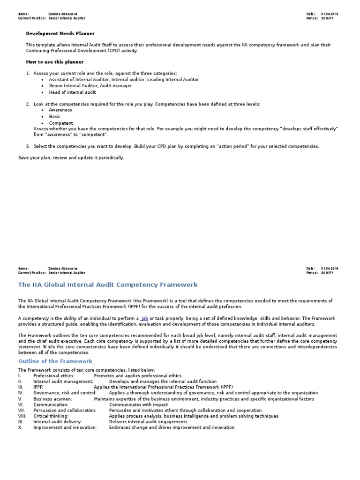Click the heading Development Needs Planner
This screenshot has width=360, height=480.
point(60,34)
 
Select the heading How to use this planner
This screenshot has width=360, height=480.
point(54,62)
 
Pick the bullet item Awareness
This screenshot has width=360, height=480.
point(60,110)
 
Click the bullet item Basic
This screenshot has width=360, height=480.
point(55,117)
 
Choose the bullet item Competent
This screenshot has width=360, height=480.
point(61,123)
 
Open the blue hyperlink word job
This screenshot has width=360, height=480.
point(144,319)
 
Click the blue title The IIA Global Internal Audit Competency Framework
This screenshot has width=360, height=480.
point(108,285)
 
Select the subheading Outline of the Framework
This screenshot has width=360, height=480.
point(55,361)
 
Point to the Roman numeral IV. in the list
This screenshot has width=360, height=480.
point(21,393)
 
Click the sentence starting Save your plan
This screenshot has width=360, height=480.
point(71,158)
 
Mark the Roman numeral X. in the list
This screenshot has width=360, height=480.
point(21,427)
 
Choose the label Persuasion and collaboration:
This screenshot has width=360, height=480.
point(65,410)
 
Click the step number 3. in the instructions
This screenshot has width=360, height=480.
point(28,146)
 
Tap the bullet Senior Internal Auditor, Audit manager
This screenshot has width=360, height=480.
point(90,86)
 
